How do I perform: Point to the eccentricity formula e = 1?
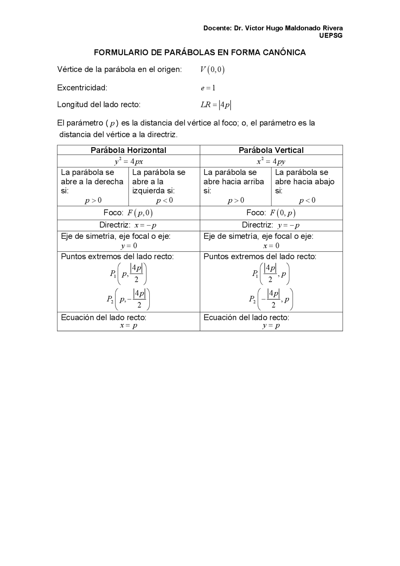click(x=208, y=88)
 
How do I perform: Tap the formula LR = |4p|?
click(x=216, y=105)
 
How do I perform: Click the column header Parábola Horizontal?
click(x=128, y=150)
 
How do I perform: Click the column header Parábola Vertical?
click(x=271, y=150)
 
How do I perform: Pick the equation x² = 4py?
click(x=271, y=162)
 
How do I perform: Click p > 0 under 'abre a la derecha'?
click(x=93, y=201)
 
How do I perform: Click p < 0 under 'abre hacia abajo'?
click(x=307, y=201)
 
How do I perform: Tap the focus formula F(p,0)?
click(x=140, y=213)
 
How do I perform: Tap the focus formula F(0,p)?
click(x=282, y=213)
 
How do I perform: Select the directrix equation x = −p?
click(x=145, y=225)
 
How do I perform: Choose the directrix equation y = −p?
click(x=288, y=225)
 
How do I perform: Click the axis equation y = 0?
click(x=129, y=246)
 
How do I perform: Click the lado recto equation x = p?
click(x=128, y=326)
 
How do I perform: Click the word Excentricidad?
click(x=82, y=88)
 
